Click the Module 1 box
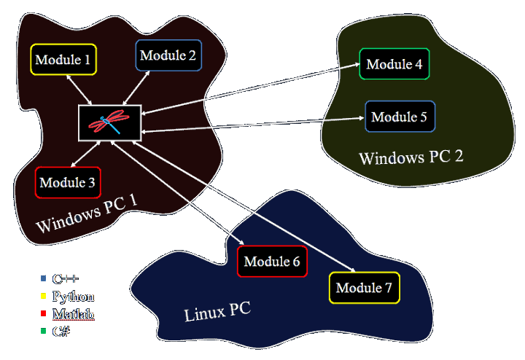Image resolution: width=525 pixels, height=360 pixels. pyautogui.click(x=63, y=59)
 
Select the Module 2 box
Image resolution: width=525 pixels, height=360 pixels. pyautogui.click(x=168, y=55)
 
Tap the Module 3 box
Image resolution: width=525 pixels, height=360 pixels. pyautogui.click(x=67, y=182)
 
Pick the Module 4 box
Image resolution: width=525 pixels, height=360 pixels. pyautogui.click(x=394, y=64)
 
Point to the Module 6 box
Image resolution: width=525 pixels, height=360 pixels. pyautogui.click(x=272, y=262)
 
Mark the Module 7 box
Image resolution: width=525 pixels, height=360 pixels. pyautogui.click(x=364, y=288)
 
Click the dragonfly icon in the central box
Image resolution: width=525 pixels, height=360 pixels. pyautogui.click(x=109, y=122)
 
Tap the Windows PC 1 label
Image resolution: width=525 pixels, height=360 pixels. pyautogui.click(x=86, y=214)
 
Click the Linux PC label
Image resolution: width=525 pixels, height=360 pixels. pyautogui.click(x=217, y=313)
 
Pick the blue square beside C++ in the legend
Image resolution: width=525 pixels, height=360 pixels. pyautogui.click(x=43, y=278)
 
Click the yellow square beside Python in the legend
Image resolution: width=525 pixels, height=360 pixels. pyautogui.click(x=43, y=297)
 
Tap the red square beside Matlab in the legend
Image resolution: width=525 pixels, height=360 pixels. pyautogui.click(x=43, y=314)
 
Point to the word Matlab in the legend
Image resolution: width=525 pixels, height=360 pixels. pyautogui.click(x=73, y=314)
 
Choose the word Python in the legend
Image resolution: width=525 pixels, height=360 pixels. pyautogui.click(x=73, y=297)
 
